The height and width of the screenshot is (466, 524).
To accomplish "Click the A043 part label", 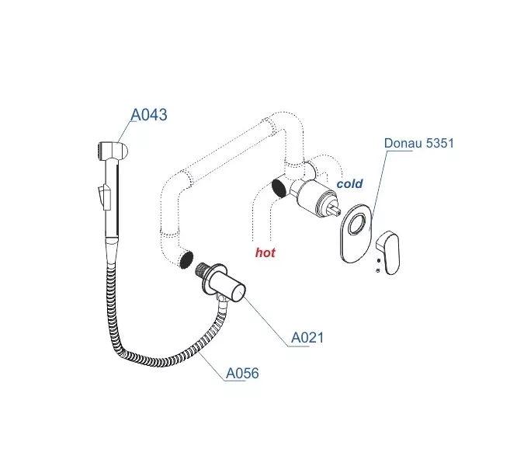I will pos(148,115).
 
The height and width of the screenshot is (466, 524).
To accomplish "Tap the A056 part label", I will pos(242,374).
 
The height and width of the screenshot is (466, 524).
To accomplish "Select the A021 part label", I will pos(307,338).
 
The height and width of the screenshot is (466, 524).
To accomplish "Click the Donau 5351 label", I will pos(418,143).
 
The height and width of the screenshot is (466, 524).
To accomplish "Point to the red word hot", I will pos(265,252).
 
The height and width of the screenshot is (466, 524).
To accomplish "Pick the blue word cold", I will pos(349,184).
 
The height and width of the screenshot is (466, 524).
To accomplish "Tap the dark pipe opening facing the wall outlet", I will pos(186,259).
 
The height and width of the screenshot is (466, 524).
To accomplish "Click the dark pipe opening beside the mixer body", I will pos(278,187).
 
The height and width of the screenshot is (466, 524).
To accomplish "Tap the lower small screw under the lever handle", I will pos(377,271).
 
